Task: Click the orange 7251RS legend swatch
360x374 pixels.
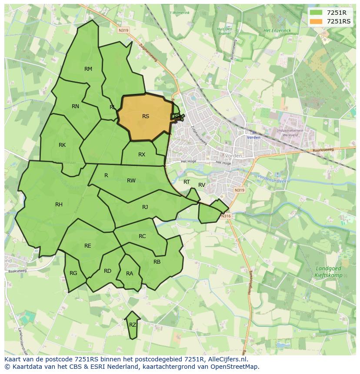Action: (x=316, y=21)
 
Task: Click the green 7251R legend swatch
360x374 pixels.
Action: (x=316, y=13)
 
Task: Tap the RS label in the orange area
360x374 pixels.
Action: (x=146, y=116)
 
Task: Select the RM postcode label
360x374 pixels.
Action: (x=88, y=69)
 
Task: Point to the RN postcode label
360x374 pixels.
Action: (x=75, y=106)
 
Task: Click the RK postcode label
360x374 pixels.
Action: (x=62, y=145)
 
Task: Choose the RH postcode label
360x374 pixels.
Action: (x=59, y=205)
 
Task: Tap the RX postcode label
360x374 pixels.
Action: (x=142, y=155)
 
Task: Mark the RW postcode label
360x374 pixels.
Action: (x=131, y=181)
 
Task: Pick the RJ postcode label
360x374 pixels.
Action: (x=145, y=207)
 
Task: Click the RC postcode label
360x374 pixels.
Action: (x=142, y=236)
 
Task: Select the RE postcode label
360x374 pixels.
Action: (x=88, y=246)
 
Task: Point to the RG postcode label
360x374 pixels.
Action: (x=73, y=273)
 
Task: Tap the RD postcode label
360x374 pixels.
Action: (x=107, y=271)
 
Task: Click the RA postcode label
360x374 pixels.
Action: (x=130, y=274)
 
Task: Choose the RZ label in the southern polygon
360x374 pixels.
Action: (x=133, y=324)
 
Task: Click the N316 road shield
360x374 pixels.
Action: (x=225, y=216)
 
